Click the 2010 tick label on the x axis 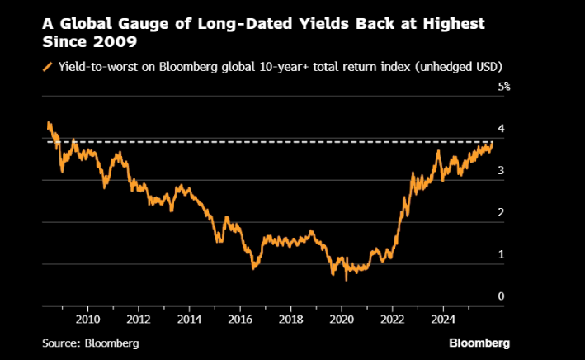click(x=88, y=319)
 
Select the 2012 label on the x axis click(x=139, y=319)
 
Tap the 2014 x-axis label click(x=189, y=319)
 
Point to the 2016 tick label click(x=240, y=319)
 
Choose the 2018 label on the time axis click(x=290, y=319)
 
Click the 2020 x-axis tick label click(x=342, y=319)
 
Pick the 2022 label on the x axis click(x=392, y=319)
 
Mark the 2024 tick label click(x=443, y=319)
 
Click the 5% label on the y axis click(x=502, y=87)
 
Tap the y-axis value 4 click(x=500, y=129)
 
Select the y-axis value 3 click(x=500, y=171)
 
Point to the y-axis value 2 click(x=500, y=213)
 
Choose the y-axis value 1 click(x=500, y=255)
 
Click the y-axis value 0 click(x=500, y=296)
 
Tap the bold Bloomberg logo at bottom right click(x=479, y=342)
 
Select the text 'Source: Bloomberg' click(x=91, y=342)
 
